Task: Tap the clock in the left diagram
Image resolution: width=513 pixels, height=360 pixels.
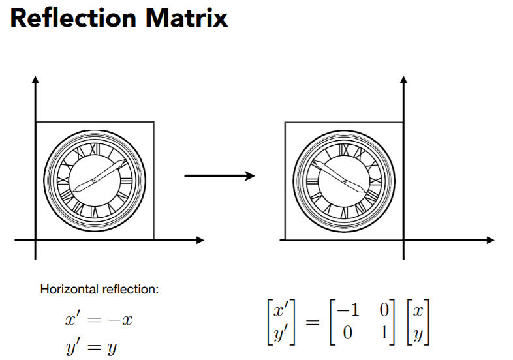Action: point(94,180)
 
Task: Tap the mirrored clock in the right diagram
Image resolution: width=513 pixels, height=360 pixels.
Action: point(344,180)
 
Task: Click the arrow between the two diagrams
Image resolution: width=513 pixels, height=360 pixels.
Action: point(219,175)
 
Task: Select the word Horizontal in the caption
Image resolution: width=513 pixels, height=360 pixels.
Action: point(66,288)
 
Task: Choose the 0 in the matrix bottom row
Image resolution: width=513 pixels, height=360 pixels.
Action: point(348,334)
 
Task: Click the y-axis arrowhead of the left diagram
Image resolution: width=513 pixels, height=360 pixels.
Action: point(35,80)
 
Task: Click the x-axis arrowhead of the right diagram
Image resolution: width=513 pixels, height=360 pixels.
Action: point(490,241)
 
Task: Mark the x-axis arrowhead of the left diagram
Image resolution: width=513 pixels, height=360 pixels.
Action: point(200,241)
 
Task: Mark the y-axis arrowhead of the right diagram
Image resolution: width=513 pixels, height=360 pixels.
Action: point(403,80)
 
